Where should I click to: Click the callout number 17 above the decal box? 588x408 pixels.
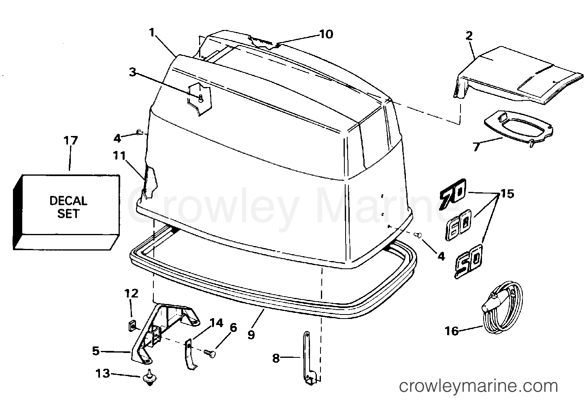(71, 141)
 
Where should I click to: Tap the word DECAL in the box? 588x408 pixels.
(68, 201)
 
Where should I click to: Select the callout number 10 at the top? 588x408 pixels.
(326, 34)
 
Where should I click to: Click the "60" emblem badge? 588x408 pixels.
(459, 225)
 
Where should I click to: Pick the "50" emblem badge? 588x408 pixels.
(469, 261)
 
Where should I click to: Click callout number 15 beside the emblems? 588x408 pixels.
(507, 194)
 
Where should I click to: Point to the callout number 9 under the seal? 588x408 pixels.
(251, 335)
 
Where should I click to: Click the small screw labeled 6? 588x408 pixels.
(210, 353)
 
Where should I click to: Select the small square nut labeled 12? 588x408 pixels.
(132, 327)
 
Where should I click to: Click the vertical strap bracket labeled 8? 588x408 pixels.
(309, 358)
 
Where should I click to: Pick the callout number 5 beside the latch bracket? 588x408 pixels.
(96, 351)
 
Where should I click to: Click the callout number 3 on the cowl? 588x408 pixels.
(133, 72)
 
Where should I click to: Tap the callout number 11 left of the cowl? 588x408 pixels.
(119, 156)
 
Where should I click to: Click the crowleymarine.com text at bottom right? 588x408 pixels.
(478, 386)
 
